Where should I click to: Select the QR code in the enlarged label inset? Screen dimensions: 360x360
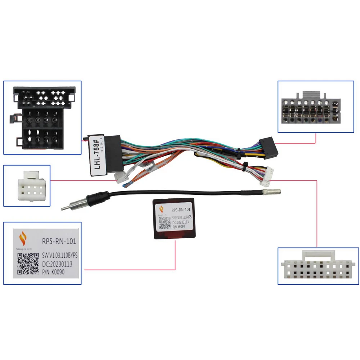pyautogui.click(x=28, y=264)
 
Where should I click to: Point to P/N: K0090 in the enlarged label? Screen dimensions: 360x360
pyautogui.click(x=53, y=273)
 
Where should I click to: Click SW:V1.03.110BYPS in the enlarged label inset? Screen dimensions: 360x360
pyautogui.click(x=60, y=255)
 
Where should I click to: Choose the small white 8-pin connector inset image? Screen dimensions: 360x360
pyautogui.click(x=27, y=185)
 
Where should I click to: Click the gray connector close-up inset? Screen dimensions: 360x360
pyautogui.click(x=315, y=107)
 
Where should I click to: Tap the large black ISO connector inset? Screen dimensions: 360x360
pyautogui.click(x=42, y=117)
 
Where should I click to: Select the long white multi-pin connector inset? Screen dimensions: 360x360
pyautogui.click(x=318, y=266)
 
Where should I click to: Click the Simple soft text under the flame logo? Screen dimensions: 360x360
pyautogui.click(x=28, y=249)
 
